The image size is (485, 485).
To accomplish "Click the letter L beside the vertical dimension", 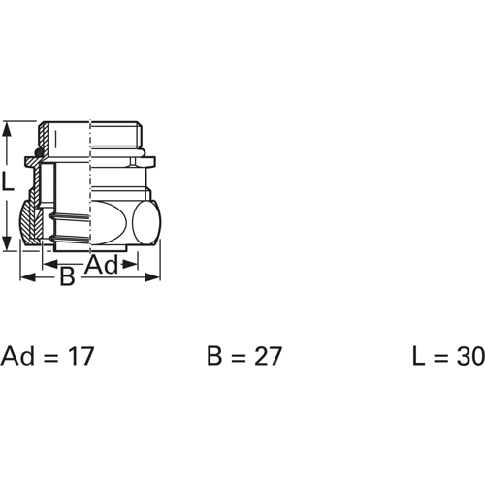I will pyautogui.click(x=8, y=180).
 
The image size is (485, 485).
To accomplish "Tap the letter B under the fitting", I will pyautogui.click(x=67, y=277).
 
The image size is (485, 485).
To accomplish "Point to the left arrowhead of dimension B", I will pyautogui.click(x=24, y=278).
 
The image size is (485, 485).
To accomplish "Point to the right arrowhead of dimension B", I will pyautogui.click(x=156, y=278).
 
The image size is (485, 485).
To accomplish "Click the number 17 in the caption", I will pyautogui.click(x=81, y=356).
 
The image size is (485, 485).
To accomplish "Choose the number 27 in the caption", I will pyautogui.click(x=267, y=356).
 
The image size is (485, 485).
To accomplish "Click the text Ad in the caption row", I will pyautogui.click(x=17, y=356).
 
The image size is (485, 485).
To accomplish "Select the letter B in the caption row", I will pyautogui.click(x=214, y=356).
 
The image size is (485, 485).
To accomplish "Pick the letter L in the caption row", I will pyautogui.click(x=417, y=356).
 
